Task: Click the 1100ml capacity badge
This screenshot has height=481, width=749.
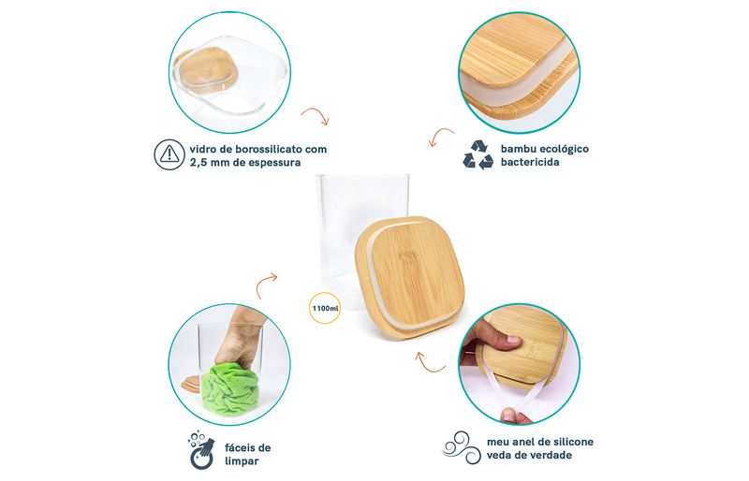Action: tap(326, 308)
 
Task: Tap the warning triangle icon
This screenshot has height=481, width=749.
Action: tap(169, 154)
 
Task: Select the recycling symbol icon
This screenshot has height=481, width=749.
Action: tap(478, 154)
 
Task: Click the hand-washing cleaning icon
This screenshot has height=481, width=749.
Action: tap(200, 450)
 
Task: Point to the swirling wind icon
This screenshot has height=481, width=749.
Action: tap(461, 447)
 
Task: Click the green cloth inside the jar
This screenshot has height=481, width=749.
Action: tap(229, 386)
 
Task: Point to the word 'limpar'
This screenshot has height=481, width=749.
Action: tap(242, 461)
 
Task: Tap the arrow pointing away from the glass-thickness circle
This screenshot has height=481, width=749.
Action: tap(316, 116)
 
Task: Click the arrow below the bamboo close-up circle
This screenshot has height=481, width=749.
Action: tap(441, 137)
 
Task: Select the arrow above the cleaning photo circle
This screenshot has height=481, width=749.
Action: tap(266, 284)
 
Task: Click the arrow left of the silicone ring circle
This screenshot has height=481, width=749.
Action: tap(430, 363)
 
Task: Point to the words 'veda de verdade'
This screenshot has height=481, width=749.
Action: tap(529, 455)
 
